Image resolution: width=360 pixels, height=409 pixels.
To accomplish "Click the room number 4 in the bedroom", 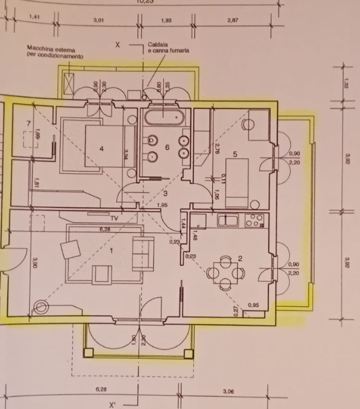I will click(x=102, y=149).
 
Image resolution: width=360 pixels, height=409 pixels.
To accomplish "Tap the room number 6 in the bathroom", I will click(x=168, y=147).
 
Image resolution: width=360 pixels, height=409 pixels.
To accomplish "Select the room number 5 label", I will click(x=235, y=154).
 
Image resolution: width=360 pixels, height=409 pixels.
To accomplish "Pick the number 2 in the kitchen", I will click(x=241, y=258).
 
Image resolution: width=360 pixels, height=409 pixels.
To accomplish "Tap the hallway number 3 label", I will click(x=166, y=193).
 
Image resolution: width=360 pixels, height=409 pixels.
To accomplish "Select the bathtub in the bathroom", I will click(x=164, y=116).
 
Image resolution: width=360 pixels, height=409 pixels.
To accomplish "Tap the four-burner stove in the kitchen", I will click(x=254, y=221).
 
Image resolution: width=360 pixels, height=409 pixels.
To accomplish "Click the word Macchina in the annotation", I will click(x=42, y=50).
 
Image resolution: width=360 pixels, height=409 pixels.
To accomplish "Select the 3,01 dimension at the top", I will click(x=99, y=21).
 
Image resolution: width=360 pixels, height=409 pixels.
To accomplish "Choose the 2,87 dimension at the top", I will click(x=232, y=21).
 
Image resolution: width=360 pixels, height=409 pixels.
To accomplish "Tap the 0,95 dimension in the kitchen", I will click(x=254, y=305).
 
